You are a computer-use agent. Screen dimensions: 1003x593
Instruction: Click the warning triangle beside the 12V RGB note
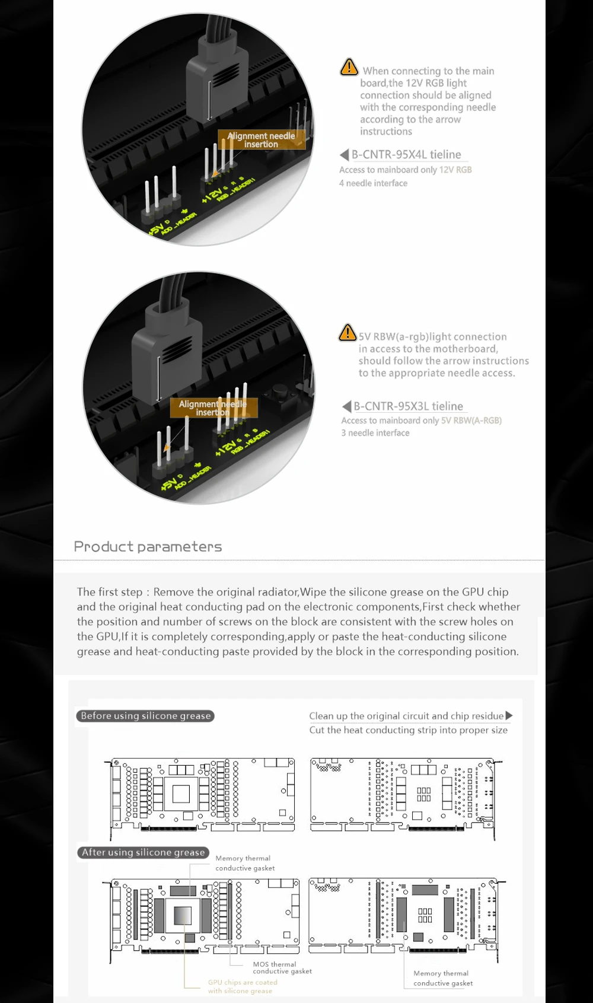[349, 67]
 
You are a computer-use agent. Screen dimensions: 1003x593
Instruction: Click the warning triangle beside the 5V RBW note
[347, 333]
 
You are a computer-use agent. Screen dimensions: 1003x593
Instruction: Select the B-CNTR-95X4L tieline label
[406, 154]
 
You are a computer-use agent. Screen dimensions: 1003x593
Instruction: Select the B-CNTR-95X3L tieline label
[409, 406]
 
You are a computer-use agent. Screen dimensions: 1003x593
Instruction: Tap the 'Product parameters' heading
[148, 546]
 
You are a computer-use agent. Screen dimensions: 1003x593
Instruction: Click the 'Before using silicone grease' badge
[145, 716]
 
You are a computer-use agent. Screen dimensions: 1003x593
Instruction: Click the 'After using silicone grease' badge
[143, 852]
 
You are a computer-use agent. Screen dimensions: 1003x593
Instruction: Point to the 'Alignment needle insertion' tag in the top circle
[261, 140]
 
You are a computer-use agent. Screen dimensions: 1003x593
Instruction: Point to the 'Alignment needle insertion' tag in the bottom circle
[213, 408]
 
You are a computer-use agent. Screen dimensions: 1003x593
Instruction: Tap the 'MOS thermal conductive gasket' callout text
[282, 967]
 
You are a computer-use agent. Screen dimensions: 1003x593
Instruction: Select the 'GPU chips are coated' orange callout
[242, 986]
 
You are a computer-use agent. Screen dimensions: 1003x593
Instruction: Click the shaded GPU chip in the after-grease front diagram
[183, 916]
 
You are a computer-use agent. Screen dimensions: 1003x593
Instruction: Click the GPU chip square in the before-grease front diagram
[181, 793]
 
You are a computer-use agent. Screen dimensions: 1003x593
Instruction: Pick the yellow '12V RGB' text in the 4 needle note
[455, 170]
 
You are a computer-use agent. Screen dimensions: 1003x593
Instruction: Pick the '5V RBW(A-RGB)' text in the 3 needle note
[471, 421]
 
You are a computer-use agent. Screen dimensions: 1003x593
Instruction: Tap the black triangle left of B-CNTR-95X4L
[344, 155]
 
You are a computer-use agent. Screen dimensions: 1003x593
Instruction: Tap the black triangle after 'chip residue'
[509, 715]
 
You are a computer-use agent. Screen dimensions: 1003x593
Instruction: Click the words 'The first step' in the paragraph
[110, 592]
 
